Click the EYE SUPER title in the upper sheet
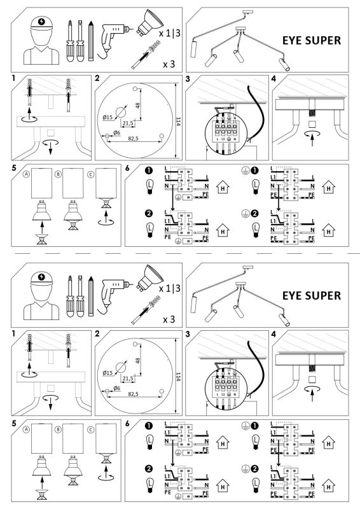(311, 41)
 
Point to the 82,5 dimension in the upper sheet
(133, 137)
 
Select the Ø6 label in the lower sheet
(116, 388)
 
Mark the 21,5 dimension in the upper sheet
(128, 123)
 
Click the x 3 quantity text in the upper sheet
(169, 64)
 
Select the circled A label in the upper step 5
(27, 172)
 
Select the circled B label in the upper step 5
(58, 172)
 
